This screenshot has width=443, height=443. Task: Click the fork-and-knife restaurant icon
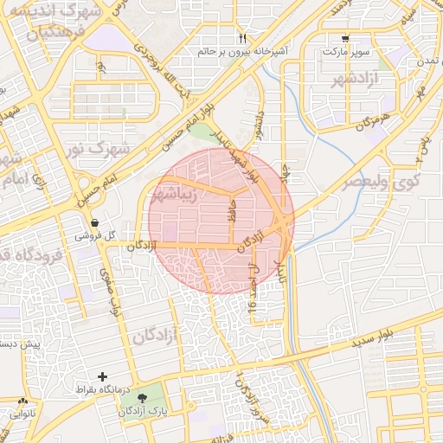(242, 39)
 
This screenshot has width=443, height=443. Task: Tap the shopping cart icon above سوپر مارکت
(346, 39)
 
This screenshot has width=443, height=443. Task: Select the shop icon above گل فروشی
(94, 222)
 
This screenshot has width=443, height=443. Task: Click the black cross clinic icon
(103, 376)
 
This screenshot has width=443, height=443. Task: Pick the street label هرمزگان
(372, 119)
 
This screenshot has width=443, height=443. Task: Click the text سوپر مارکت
(346, 52)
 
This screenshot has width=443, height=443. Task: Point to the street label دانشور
(258, 125)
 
